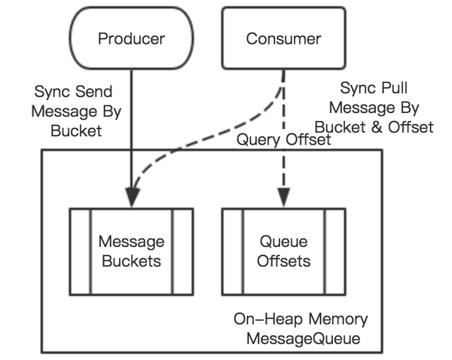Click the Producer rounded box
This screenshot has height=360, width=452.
point(131,38)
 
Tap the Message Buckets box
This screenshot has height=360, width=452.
point(131,252)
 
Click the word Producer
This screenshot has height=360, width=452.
point(131,38)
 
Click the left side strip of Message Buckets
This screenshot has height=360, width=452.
point(81,252)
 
